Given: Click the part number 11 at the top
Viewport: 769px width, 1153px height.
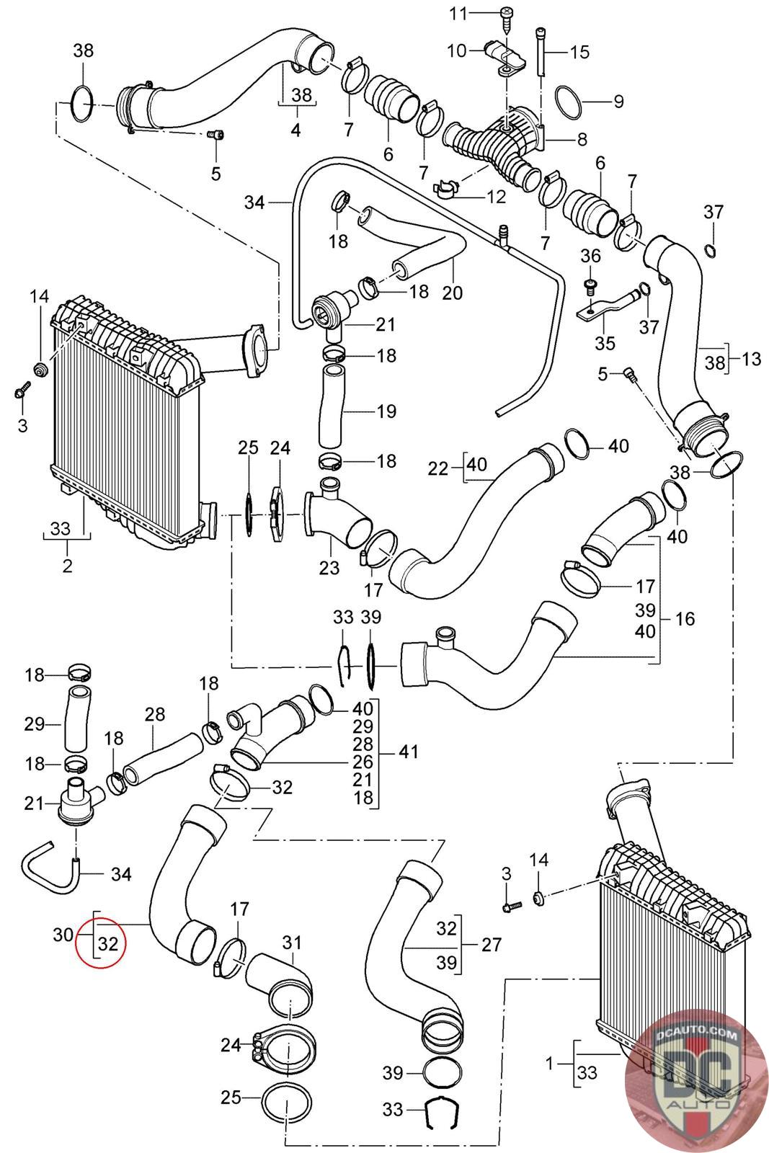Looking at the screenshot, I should coord(479,13).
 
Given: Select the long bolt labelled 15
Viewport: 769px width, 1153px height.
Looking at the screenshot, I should coord(541,49).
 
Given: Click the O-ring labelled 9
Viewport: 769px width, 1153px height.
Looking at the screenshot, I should coord(571,101).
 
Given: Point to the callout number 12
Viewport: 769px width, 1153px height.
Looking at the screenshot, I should coord(497,195).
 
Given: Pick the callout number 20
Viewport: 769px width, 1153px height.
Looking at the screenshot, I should coord(453,293).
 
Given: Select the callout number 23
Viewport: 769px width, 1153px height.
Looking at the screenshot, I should coord(329,568).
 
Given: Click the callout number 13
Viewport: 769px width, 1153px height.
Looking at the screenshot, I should coord(751,358).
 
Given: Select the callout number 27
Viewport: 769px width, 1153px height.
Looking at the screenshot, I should coord(491,944).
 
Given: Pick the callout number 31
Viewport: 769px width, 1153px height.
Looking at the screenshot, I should coord(291,943).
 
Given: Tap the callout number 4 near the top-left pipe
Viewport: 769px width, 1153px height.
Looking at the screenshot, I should coord(296,131).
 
